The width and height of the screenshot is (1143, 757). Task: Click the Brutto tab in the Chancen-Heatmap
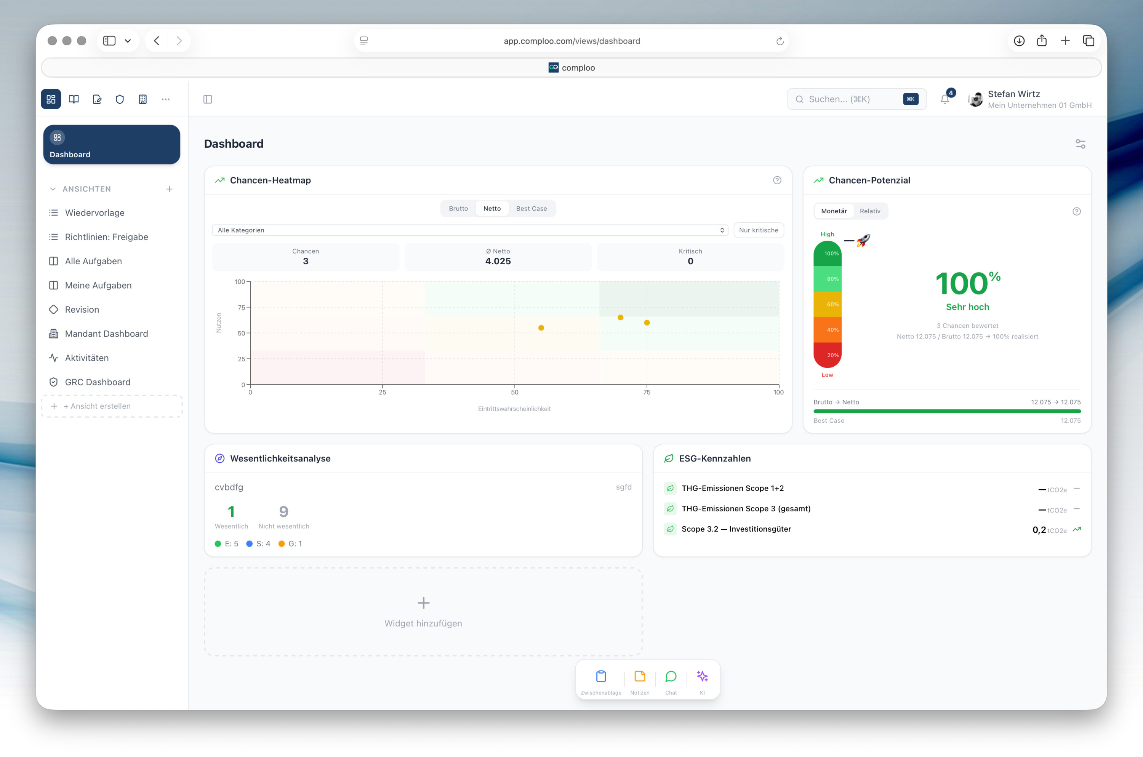click(x=458, y=209)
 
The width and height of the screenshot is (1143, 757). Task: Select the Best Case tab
click(x=531, y=209)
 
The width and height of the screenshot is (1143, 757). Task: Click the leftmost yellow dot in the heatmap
click(x=541, y=328)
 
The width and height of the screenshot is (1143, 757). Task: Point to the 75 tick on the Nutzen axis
click(x=242, y=308)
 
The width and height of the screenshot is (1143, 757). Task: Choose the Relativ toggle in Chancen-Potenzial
click(x=870, y=211)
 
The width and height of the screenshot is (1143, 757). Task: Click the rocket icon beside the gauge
click(x=863, y=240)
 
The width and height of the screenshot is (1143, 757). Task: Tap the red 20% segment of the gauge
click(x=828, y=355)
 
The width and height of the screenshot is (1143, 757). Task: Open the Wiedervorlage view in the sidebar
click(x=95, y=213)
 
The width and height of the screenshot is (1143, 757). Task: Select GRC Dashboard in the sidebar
click(x=98, y=382)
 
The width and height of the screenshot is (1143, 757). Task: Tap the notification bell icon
click(x=944, y=99)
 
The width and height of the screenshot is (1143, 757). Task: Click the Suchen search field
click(x=856, y=99)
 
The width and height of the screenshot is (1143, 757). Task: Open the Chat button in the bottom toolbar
click(x=671, y=681)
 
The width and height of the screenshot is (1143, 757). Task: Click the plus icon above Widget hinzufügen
click(x=423, y=603)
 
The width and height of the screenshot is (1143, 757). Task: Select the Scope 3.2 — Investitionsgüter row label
click(x=736, y=529)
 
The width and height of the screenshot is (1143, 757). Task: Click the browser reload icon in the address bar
click(x=780, y=41)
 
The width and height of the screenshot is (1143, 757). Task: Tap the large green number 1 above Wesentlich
click(x=231, y=511)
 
